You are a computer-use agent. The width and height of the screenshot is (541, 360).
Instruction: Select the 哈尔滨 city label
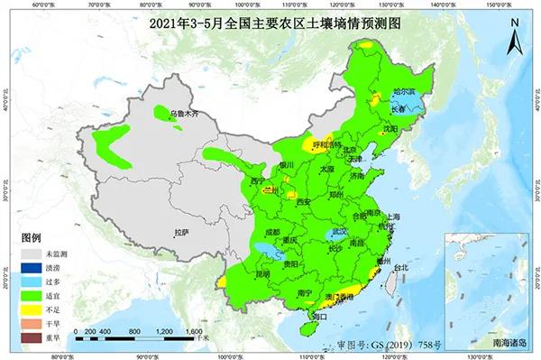[x=408, y=92]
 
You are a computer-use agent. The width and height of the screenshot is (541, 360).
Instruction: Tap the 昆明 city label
[x=237, y=274]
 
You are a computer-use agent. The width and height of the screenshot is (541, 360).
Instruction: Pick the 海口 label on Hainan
[x=316, y=316]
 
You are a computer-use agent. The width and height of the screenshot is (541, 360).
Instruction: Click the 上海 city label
[x=390, y=217]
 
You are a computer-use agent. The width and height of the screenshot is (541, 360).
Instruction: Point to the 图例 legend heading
[x=32, y=236]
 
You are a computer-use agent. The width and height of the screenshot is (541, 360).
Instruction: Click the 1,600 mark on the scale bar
[x=192, y=332]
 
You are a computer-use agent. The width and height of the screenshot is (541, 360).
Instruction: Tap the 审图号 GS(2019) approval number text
[x=380, y=345]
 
